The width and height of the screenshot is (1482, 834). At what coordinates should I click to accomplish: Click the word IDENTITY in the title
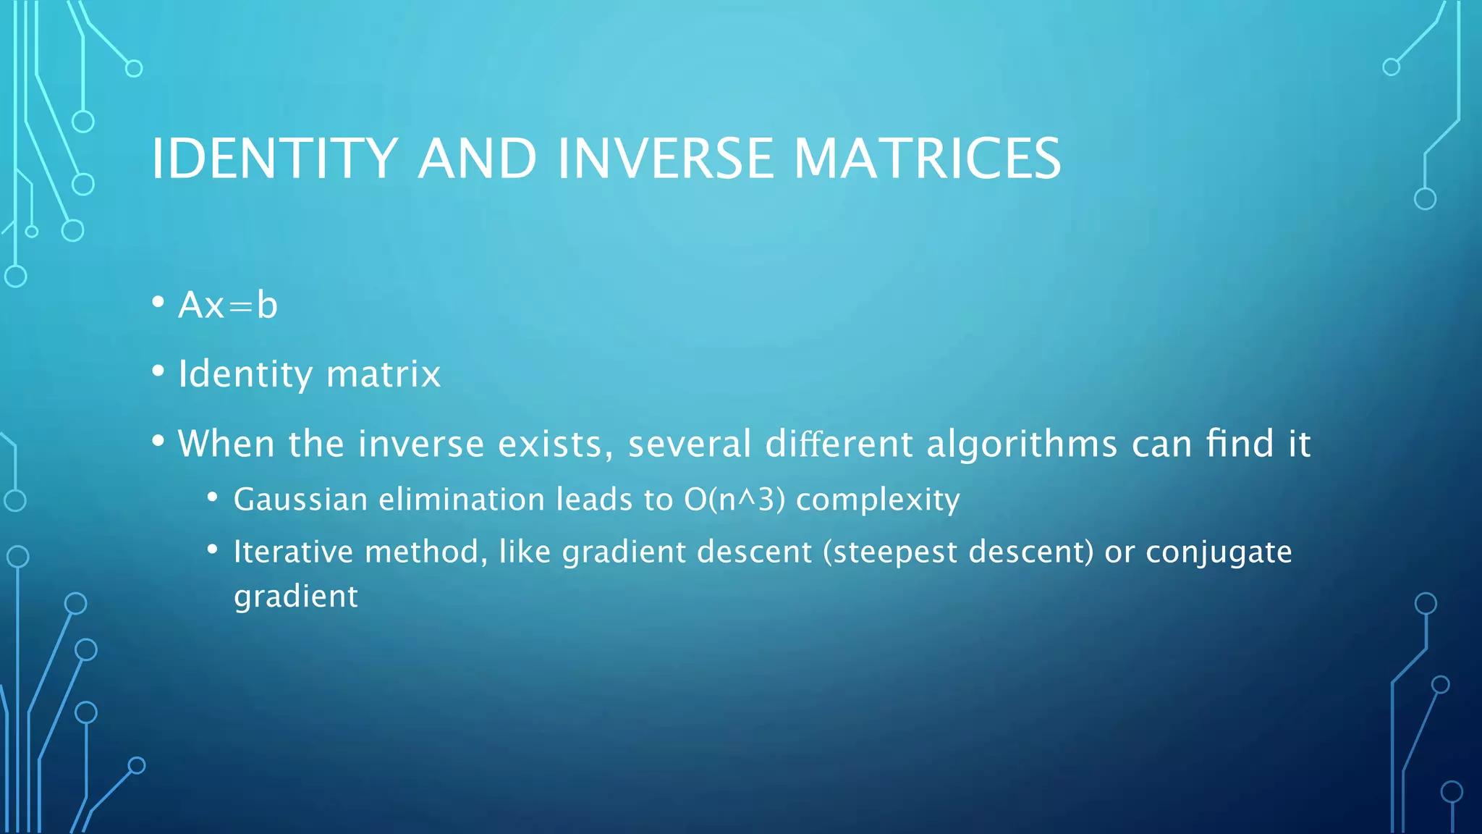click(x=274, y=159)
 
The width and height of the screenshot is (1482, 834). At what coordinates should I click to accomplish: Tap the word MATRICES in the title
click(x=927, y=159)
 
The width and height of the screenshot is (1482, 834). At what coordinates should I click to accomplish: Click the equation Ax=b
click(x=228, y=305)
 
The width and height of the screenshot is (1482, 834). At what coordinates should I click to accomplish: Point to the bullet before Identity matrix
click(x=158, y=371)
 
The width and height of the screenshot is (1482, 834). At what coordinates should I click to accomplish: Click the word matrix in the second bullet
click(x=383, y=374)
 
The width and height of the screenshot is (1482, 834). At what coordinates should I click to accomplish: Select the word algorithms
click(x=1022, y=444)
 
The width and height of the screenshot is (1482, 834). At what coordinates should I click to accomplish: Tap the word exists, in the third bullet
click(x=555, y=444)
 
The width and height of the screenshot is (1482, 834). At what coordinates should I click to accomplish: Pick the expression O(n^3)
click(x=734, y=500)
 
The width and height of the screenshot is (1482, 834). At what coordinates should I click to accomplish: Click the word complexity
click(x=878, y=500)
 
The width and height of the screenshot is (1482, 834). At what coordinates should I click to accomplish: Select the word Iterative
click(x=293, y=552)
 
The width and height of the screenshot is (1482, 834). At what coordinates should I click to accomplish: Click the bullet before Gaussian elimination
click(x=212, y=497)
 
